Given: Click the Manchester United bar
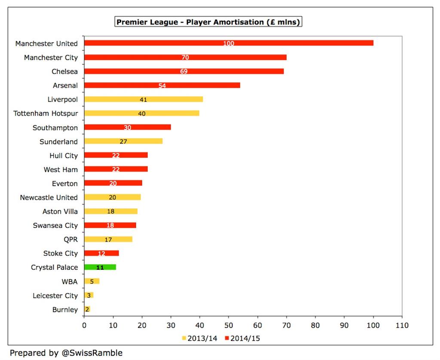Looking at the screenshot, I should click(229, 43).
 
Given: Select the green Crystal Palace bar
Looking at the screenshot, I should click(100, 267).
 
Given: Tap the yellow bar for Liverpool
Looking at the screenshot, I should click(144, 99).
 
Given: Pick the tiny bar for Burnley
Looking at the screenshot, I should click(87, 309).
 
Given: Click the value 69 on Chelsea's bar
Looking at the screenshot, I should click(184, 71).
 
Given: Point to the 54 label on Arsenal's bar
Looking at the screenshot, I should click(162, 86).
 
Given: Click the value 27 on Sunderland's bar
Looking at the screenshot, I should click(123, 142).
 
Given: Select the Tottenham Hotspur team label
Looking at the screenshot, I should click(46, 114).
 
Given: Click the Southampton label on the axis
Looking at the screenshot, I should click(55, 128).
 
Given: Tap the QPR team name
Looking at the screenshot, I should click(70, 240).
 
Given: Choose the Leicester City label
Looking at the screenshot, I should click(55, 295).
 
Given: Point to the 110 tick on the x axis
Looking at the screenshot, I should click(402, 326).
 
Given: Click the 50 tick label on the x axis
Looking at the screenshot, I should click(229, 326).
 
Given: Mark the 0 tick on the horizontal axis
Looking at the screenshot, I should click(84, 326).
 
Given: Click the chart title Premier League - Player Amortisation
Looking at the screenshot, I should click(208, 22).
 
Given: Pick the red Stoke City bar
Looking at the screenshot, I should click(101, 253).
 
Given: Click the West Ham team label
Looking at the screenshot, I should click(61, 169).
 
